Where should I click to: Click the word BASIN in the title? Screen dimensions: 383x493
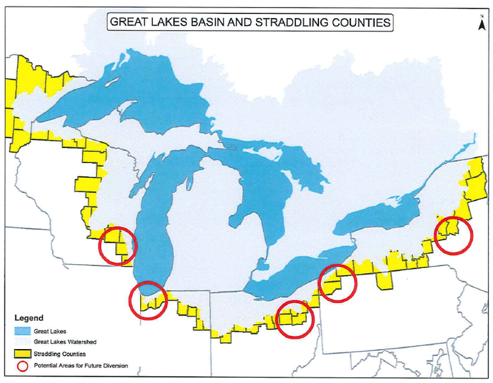[x=209, y=22]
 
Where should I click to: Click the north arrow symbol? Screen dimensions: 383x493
[x=481, y=24]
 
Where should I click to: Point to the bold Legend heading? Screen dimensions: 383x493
[x=29, y=318]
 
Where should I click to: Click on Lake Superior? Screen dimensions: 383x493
[x=141, y=90]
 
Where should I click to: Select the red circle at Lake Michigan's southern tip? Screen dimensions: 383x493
[x=148, y=299]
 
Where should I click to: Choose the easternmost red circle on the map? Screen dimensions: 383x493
[x=453, y=235]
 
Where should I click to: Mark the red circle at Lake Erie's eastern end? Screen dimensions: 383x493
[x=337, y=282]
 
